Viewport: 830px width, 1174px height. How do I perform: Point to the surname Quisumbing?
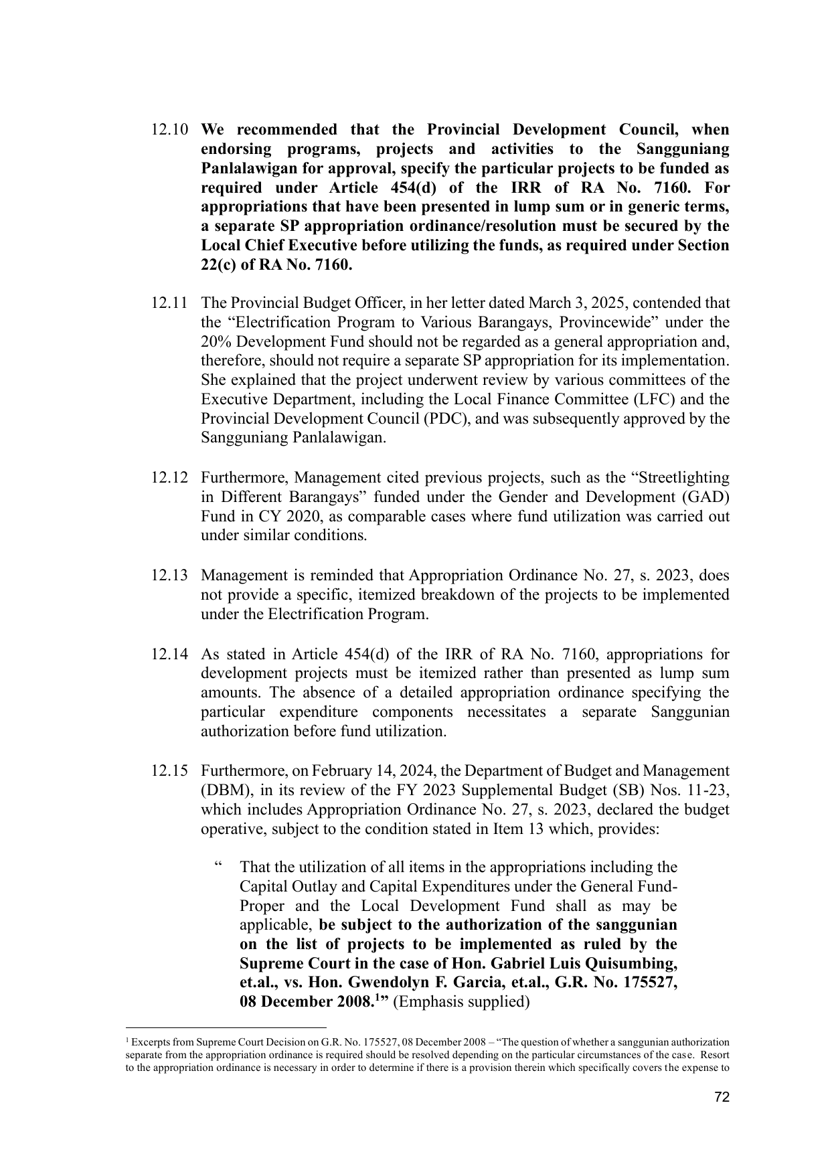click(631, 964)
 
